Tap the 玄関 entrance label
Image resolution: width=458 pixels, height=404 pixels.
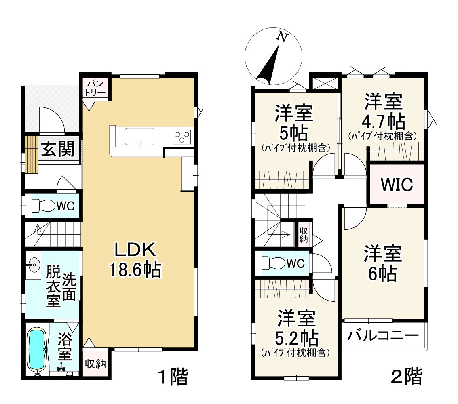pos(58,150)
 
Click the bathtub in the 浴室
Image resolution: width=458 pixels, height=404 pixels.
pos(36,348)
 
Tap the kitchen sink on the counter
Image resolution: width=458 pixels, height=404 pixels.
pos(139,136)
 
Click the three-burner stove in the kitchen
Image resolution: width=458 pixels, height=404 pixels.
pos(182,137)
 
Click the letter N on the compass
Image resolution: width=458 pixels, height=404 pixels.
pos(282,37)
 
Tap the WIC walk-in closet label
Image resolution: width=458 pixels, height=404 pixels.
pos(397,185)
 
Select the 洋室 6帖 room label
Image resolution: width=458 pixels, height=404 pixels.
pos(382,264)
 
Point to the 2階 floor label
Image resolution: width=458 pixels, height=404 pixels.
pos(406,377)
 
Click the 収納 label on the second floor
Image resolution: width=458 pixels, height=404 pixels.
pos(303,234)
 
